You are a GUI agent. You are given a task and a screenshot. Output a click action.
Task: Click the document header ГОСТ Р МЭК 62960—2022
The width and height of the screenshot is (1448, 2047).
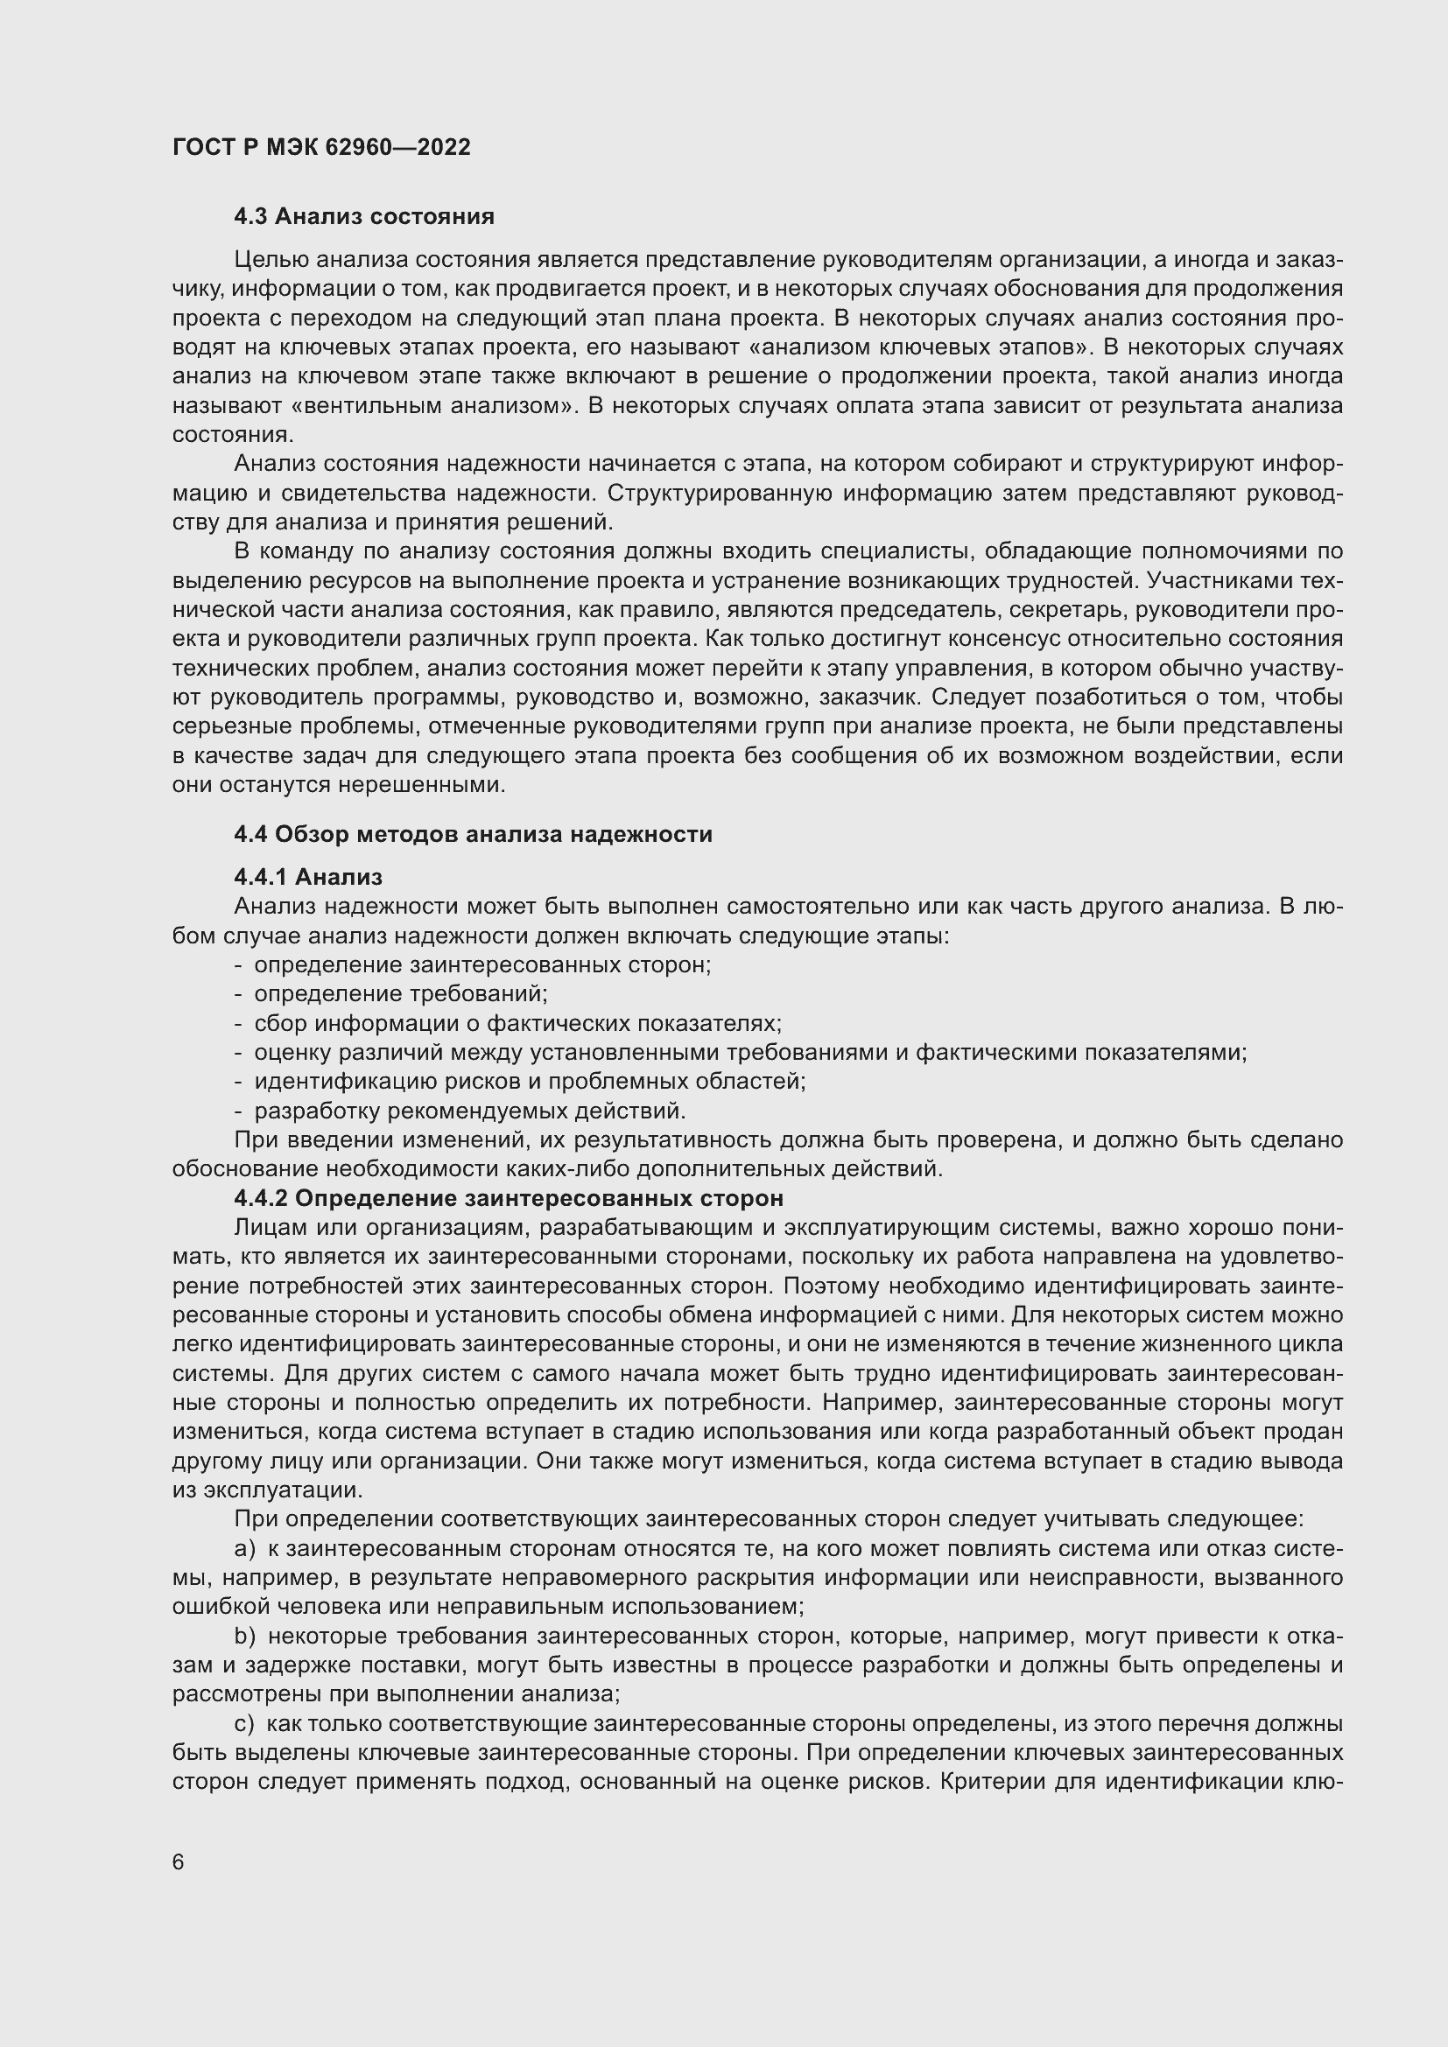(321, 147)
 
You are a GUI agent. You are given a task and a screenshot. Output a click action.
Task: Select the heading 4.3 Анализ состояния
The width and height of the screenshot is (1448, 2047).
(364, 217)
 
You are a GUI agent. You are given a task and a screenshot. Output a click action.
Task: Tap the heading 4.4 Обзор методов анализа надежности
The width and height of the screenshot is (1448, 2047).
(473, 835)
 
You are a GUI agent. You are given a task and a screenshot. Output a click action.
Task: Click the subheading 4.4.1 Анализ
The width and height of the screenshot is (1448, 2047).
(307, 877)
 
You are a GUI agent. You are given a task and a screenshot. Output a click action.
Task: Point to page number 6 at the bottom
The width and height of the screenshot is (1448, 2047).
(179, 1862)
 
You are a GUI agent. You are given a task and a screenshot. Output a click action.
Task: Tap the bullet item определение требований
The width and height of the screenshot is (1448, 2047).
(400, 994)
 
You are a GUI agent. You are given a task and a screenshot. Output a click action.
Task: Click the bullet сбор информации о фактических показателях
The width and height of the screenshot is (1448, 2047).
(517, 1024)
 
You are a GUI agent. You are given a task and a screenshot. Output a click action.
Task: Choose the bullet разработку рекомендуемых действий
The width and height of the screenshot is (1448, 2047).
(470, 1111)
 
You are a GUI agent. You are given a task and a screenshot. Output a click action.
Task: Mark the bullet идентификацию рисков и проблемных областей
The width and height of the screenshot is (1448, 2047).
(530, 1082)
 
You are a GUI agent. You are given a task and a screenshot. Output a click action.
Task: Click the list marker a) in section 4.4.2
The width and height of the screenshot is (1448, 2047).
(244, 1549)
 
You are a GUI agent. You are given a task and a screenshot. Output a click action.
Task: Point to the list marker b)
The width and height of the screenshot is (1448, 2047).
(244, 1636)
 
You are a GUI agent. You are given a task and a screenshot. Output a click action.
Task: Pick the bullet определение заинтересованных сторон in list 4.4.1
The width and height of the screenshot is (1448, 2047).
(482, 964)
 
